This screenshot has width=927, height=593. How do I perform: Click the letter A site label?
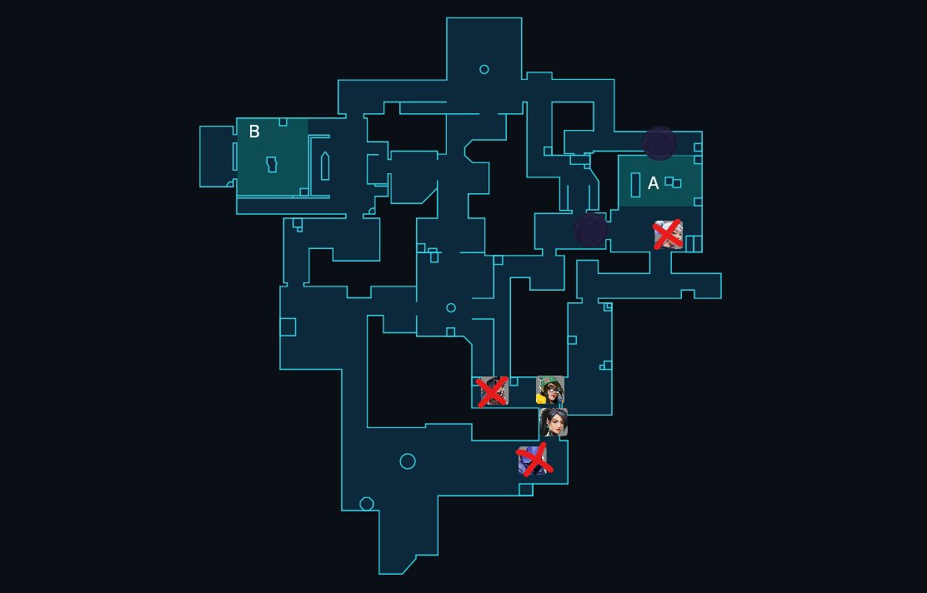[654, 183]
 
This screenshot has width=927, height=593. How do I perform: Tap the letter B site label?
[254, 132]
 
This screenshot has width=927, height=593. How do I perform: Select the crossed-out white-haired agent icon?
[669, 235]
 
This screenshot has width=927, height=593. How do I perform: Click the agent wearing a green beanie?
[550, 390]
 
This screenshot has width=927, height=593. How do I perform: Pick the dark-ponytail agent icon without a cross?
[554, 422]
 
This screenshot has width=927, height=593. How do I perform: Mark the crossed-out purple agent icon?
[533, 460]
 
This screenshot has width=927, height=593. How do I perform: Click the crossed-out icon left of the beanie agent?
[492, 391]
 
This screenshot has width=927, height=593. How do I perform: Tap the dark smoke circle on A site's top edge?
[659, 143]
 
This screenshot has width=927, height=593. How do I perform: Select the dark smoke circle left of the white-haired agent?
[591, 230]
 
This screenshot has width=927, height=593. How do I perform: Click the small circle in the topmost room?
[484, 69]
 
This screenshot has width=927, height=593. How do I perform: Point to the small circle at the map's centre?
[451, 308]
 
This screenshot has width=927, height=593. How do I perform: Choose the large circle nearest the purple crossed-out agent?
[408, 461]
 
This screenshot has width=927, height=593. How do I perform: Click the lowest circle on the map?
[366, 504]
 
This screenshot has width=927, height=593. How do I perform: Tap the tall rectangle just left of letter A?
[635, 184]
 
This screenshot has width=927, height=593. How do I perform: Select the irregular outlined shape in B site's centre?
[271, 163]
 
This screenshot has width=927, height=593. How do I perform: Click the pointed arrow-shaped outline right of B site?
[325, 166]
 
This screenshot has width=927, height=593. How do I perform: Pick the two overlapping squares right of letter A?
[673, 182]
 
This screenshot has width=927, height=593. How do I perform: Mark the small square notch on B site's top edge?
[283, 122]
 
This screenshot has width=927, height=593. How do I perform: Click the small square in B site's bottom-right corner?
[304, 192]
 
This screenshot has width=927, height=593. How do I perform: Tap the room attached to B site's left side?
[217, 156]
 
